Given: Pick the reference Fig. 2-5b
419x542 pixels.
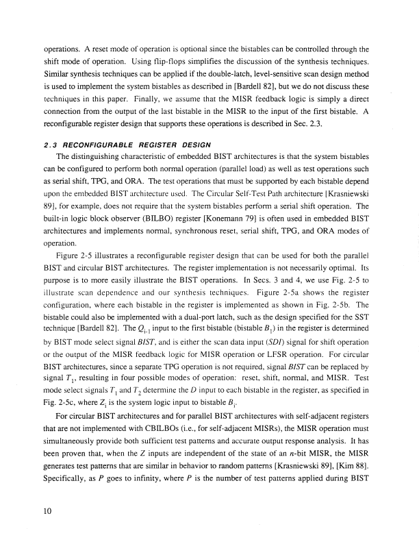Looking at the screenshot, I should (x=350, y=309).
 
